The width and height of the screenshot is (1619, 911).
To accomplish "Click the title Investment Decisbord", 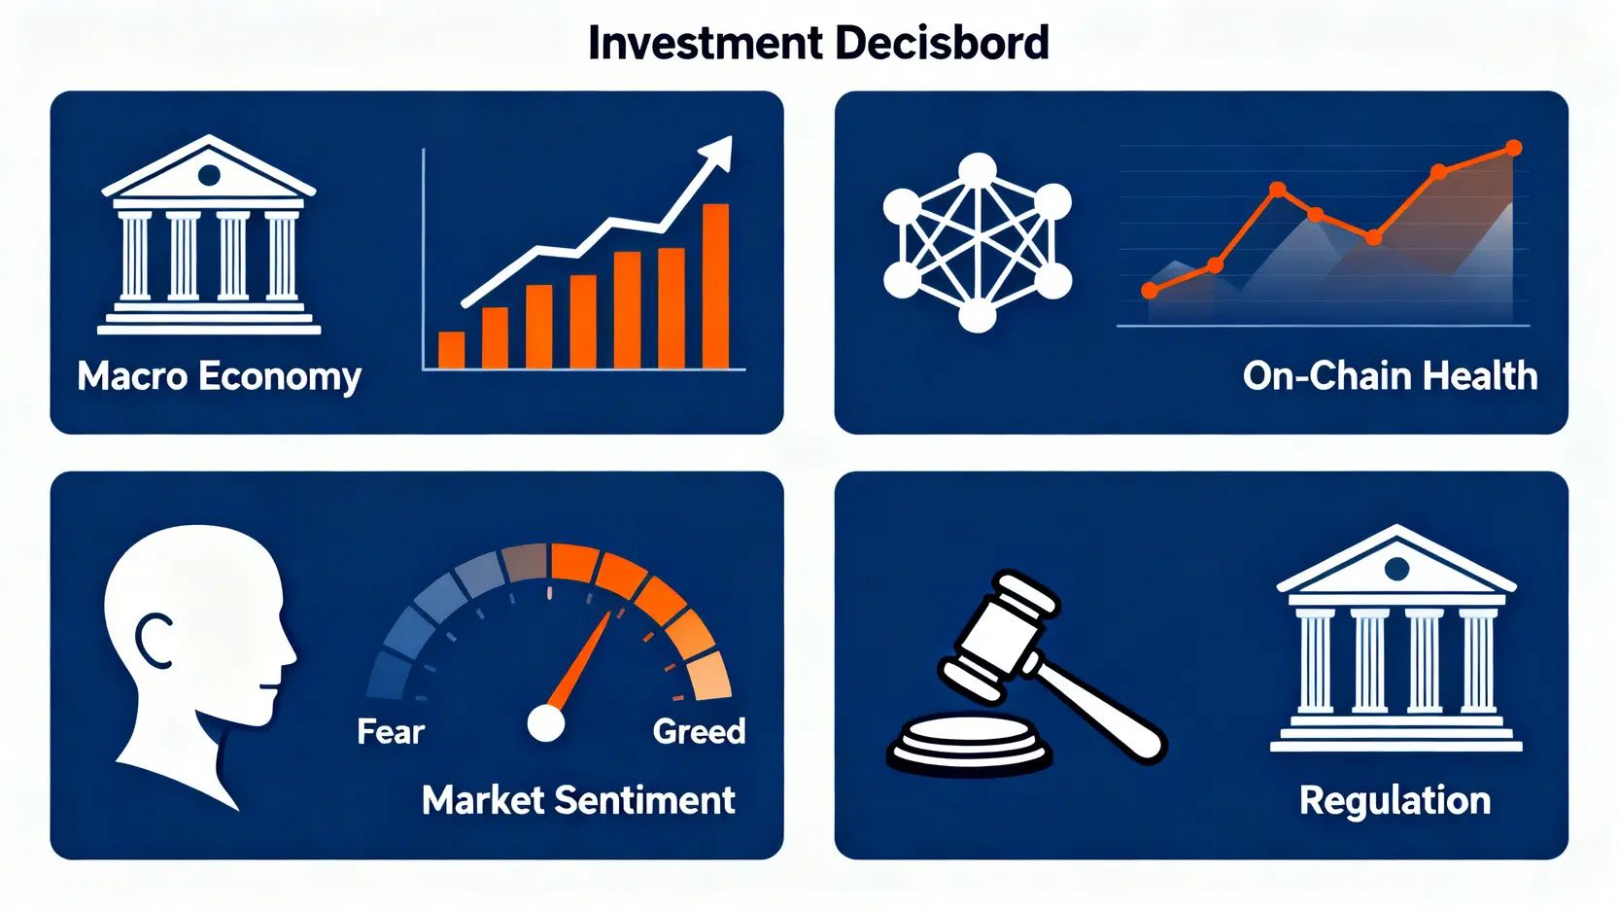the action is (x=818, y=43).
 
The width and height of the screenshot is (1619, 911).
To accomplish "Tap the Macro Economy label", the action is (x=219, y=376).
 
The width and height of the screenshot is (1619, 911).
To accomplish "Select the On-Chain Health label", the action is (x=1390, y=376).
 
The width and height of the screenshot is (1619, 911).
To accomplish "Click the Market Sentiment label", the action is (x=578, y=800).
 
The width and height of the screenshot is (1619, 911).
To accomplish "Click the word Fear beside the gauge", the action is (x=391, y=732).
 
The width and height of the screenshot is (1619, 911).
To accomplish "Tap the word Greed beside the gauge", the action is (x=699, y=732).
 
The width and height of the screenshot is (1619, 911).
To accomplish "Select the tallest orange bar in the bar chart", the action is (x=715, y=286).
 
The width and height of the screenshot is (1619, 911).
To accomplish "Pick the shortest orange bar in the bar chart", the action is (x=451, y=350).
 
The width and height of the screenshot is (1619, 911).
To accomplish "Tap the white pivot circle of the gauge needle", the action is (x=546, y=723).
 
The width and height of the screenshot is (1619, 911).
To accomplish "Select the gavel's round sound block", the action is (x=970, y=745).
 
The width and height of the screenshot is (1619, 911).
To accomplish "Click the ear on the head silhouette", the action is (x=154, y=642).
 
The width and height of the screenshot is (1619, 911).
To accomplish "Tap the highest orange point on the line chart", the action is (x=1513, y=148).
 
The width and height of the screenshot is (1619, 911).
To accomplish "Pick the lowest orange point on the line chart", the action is (x=1150, y=291).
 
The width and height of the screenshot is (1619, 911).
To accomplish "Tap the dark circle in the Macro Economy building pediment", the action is (x=209, y=174).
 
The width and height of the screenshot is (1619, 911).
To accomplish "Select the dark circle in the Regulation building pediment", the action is (x=1396, y=569).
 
